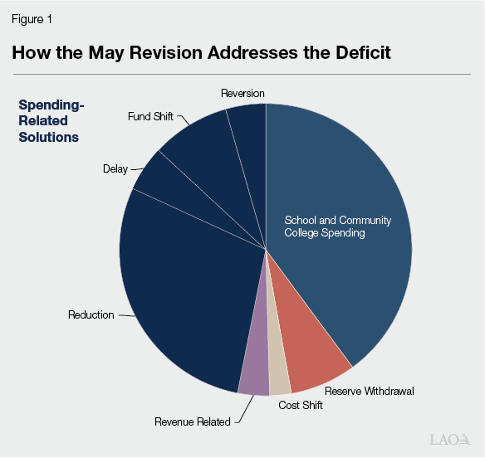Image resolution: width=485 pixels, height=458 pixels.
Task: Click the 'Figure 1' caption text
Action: (x=32, y=18)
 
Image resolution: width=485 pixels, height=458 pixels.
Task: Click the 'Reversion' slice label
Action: (x=242, y=93)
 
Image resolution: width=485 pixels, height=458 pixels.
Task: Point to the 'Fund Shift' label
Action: (x=150, y=117)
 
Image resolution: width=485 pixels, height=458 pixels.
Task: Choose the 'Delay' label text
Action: (x=115, y=169)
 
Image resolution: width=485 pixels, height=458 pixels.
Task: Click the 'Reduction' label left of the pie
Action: (x=91, y=315)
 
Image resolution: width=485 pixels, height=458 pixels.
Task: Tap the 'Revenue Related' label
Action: (x=192, y=422)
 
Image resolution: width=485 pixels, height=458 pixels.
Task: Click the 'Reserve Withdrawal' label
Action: (x=369, y=391)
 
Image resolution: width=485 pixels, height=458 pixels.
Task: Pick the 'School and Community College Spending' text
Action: (x=337, y=227)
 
